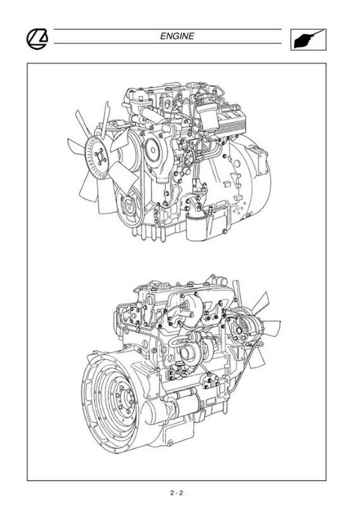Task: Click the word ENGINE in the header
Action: [177, 36]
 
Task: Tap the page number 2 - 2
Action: [176, 493]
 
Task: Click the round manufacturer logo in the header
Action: [37, 39]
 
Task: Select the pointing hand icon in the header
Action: [308, 40]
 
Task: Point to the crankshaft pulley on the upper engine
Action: [130, 207]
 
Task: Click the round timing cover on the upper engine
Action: [152, 149]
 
